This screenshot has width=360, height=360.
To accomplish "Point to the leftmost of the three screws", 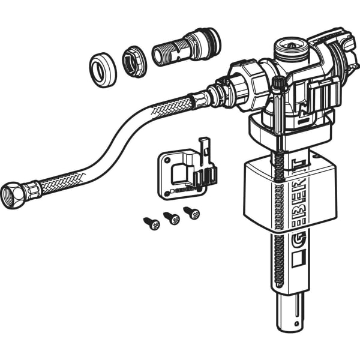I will [x=152, y=224].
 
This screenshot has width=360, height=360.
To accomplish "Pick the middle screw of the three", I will [x=172, y=218].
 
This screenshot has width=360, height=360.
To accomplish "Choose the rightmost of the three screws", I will [x=191, y=212].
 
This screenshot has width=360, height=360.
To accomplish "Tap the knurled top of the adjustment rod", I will [x=278, y=83].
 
